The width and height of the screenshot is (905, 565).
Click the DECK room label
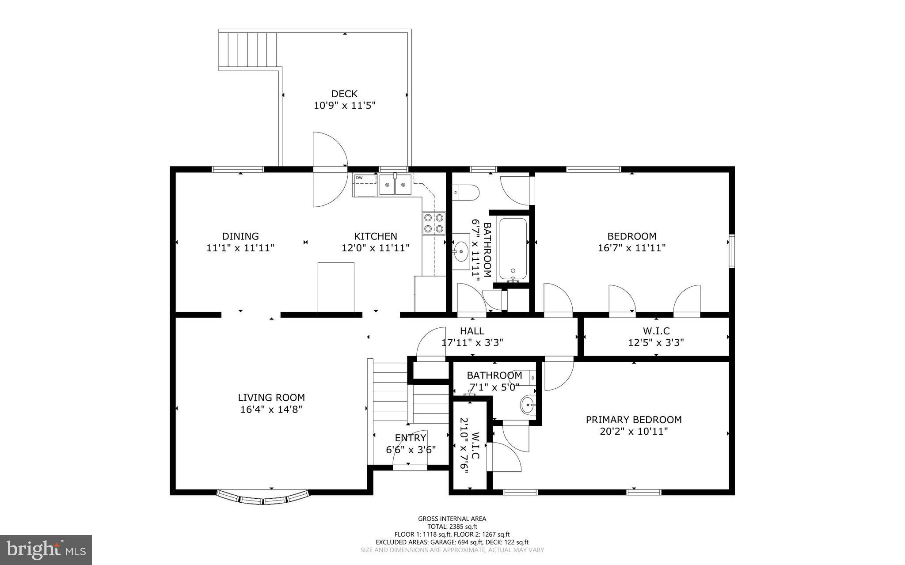tap(344, 94)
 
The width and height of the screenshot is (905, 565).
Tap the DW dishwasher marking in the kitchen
tap(359, 178)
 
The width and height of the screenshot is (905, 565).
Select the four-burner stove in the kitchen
tap(433, 223)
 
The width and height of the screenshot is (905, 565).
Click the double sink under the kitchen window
tap(395, 185)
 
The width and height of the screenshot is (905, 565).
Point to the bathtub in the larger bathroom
tap(513, 249)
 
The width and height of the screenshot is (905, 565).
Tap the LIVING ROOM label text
tap(271, 398)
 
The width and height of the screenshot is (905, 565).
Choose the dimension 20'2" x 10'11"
tap(634, 431)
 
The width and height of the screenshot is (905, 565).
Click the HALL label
tap(472, 331)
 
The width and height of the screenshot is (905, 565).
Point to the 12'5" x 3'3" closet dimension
tap(656, 342)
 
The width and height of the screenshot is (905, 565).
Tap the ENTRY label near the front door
tap(411, 438)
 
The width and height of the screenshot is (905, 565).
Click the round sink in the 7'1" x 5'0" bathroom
tap(528, 404)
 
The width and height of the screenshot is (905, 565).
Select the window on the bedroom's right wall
tap(732, 251)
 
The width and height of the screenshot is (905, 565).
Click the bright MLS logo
tap(46, 550)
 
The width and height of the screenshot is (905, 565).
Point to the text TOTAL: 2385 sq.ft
tap(452, 527)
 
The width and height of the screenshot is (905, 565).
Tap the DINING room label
tap(240, 236)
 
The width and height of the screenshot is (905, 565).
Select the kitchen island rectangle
tap(336, 287)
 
